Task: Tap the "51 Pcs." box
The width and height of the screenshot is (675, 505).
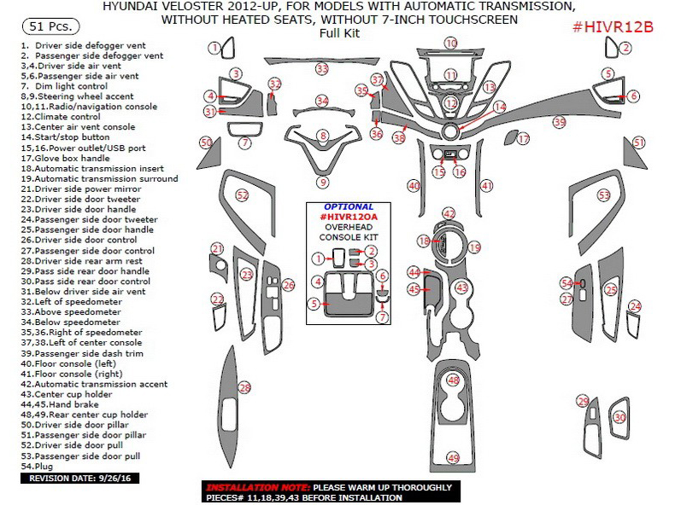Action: pos(47,27)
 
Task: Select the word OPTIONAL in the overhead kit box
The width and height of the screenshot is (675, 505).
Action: pos(349,206)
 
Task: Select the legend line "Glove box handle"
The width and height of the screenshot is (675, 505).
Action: pos(71,158)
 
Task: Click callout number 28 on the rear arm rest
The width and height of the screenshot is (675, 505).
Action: pos(245,389)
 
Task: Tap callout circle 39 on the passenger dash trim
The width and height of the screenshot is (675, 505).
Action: pos(560,122)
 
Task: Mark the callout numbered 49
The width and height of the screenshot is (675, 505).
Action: pos(453,458)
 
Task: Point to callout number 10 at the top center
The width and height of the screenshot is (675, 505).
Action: pos(450,43)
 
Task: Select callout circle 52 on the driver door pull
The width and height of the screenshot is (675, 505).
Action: pos(242,196)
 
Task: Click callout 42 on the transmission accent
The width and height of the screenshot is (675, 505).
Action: pos(449,213)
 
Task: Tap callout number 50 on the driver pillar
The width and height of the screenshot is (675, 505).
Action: pos(205,142)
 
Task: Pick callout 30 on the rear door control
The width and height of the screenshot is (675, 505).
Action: pos(619,417)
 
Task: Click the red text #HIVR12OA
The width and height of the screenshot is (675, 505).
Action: pos(349,218)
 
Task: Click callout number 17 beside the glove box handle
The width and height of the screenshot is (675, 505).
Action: pos(523,138)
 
